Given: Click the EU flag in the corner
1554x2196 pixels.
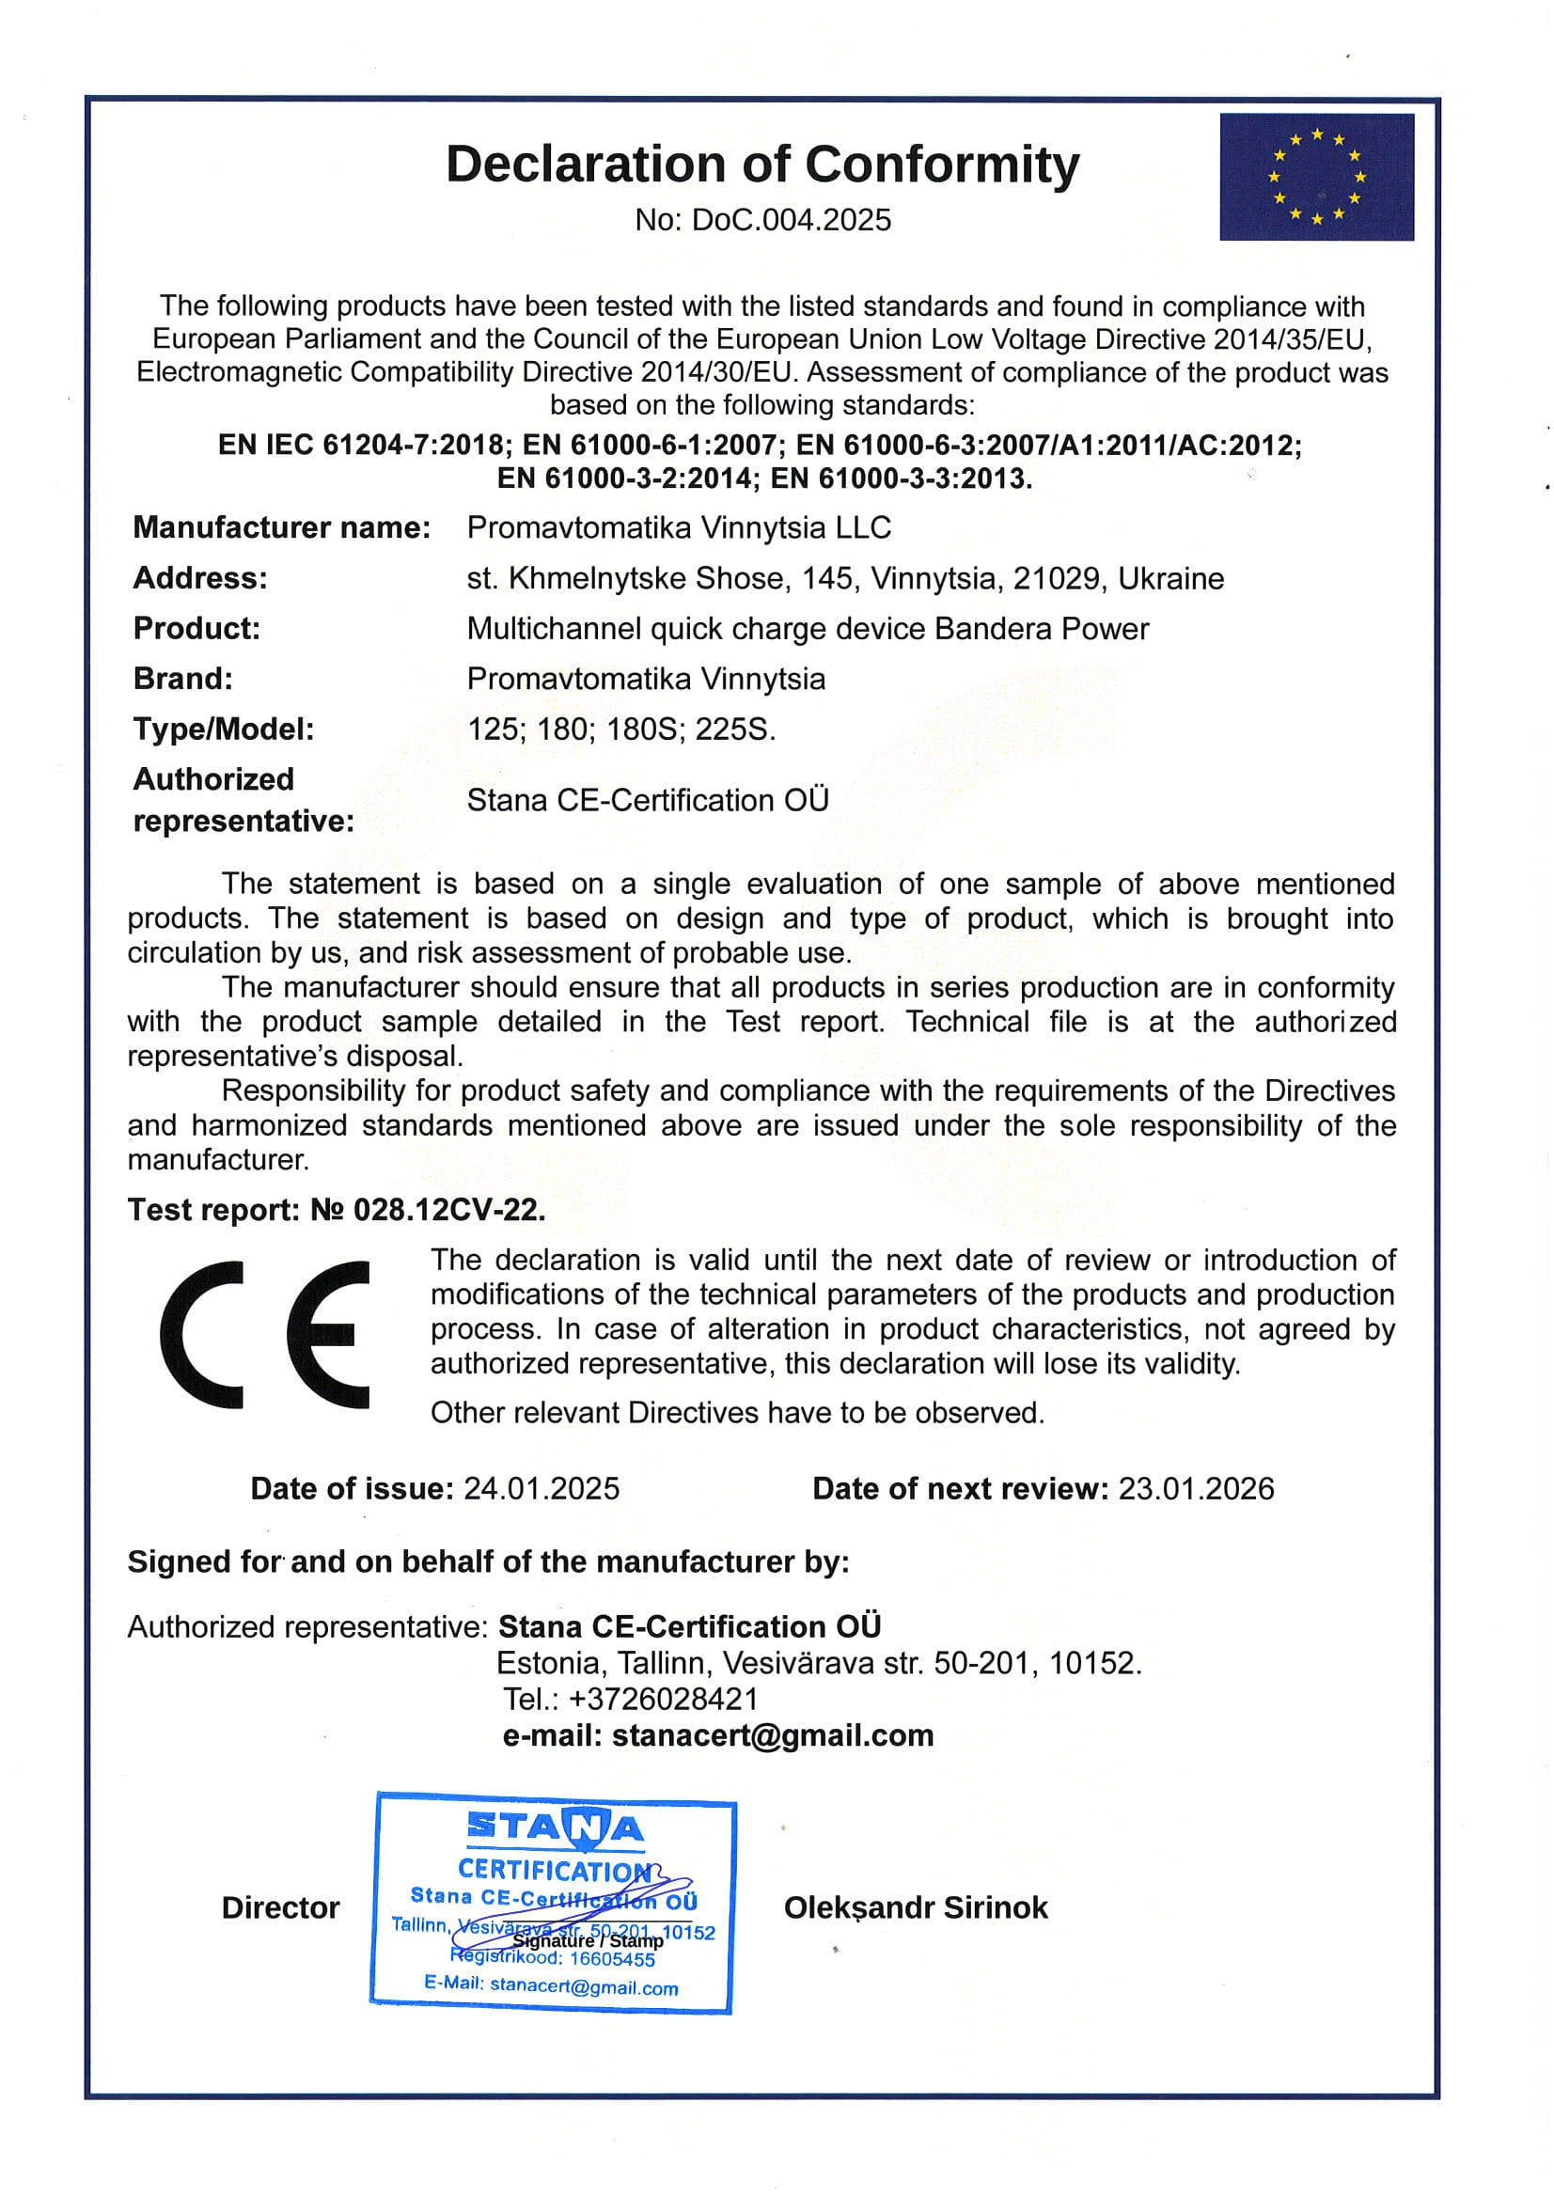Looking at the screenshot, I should pyautogui.click(x=1316, y=177).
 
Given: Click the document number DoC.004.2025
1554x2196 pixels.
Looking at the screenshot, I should pyautogui.click(x=791, y=220).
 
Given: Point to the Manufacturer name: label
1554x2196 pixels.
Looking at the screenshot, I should pyautogui.click(x=281, y=527).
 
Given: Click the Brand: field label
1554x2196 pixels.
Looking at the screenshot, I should pyautogui.click(x=182, y=679).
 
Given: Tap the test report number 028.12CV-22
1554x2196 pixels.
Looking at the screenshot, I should pyautogui.click(x=448, y=1211).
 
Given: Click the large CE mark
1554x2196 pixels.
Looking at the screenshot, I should pyautogui.click(x=265, y=1335).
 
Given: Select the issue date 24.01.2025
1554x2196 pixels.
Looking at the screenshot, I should pyautogui.click(x=542, y=1489).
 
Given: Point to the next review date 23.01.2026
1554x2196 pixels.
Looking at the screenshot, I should pyautogui.click(x=1196, y=1489).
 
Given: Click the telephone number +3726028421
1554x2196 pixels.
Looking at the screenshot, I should pyautogui.click(x=663, y=1700).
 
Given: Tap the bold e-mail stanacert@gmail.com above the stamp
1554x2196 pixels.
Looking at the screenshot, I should pyautogui.click(x=772, y=1735).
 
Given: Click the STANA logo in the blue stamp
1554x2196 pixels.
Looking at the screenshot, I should pyautogui.click(x=555, y=1828).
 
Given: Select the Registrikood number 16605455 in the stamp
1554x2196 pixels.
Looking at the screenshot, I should pyautogui.click(x=612, y=1959).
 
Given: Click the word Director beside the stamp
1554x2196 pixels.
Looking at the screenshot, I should pyautogui.click(x=280, y=1908).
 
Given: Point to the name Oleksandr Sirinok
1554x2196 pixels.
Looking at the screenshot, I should pyautogui.click(x=916, y=1908).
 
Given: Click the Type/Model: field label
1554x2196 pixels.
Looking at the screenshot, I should pyautogui.click(x=223, y=729).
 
